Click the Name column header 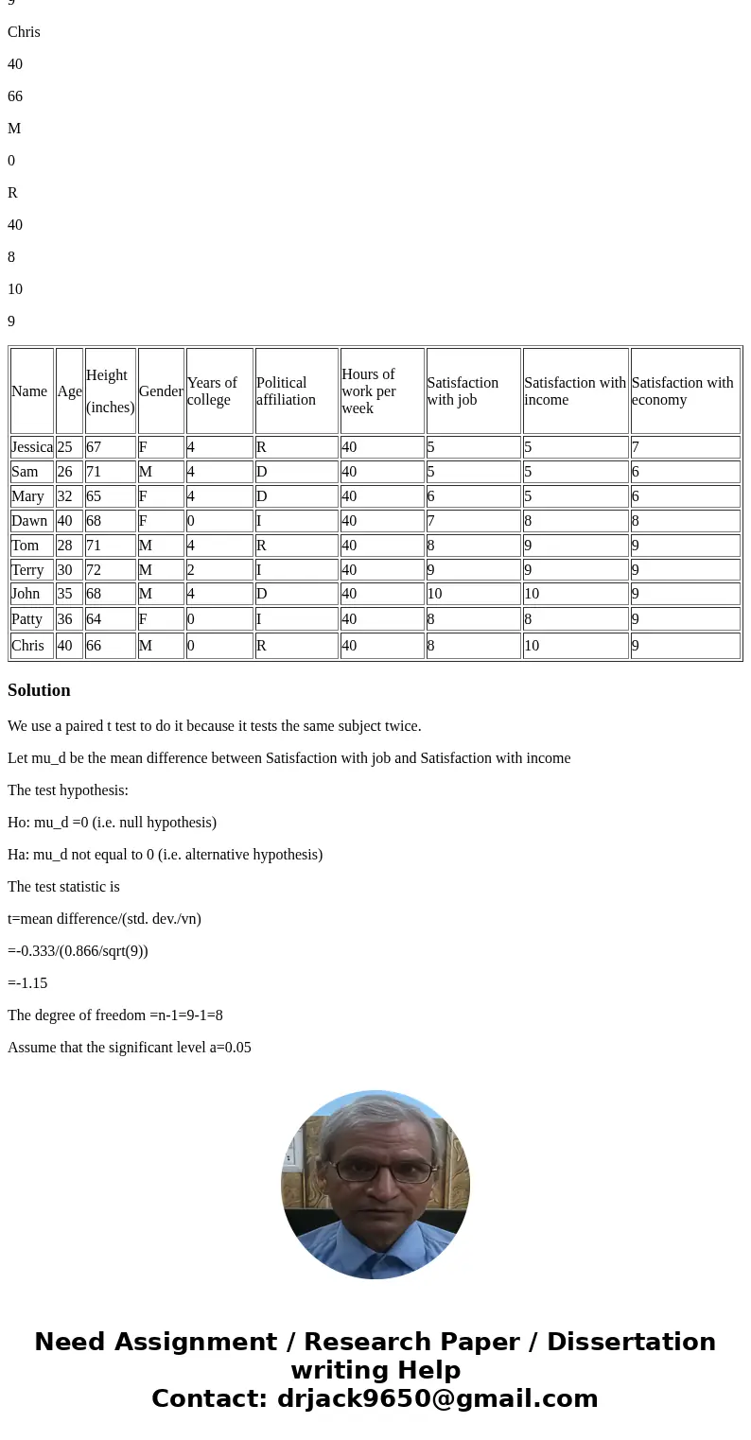[29, 391]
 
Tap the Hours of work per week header [369, 391]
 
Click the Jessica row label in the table [32, 447]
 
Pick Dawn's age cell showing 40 [65, 521]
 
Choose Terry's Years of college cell [191, 570]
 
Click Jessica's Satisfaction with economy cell [636, 447]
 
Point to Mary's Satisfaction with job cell [431, 496]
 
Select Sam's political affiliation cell [262, 472]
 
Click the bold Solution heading [39, 690]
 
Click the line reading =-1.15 [27, 983]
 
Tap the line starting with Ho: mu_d [112, 823]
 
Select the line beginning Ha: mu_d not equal [165, 855]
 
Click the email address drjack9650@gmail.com [437, 1399]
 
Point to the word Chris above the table [24, 32]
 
